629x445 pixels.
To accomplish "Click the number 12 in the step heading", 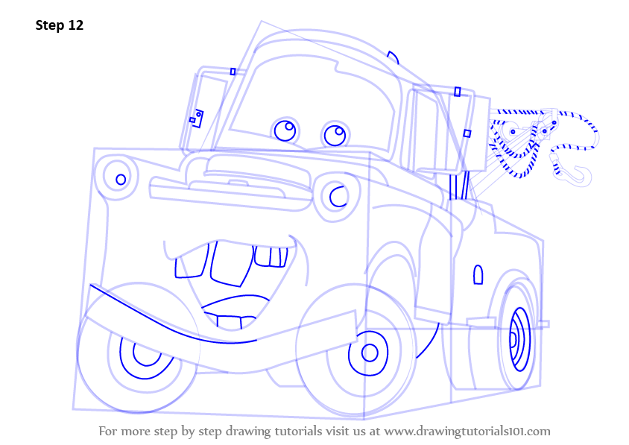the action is [76, 25].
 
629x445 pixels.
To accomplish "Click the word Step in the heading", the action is [50, 25].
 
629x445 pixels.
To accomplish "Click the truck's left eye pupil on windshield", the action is [289, 127].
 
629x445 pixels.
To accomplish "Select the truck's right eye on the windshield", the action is [335, 135].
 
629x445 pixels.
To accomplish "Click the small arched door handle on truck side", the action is [478, 274].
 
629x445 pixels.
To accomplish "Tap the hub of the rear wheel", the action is [513, 339].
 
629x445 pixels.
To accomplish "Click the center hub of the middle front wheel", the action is [370, 353].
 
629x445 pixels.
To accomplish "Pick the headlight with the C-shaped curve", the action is [336, 197].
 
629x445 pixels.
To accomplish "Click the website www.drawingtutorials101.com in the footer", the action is [467, 432].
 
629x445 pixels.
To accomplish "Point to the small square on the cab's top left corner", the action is [233, 72].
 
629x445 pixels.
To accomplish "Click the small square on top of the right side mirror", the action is [458, 92].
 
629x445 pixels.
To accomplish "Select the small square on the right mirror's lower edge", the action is [467, 133].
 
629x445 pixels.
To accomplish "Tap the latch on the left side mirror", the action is [197, 118].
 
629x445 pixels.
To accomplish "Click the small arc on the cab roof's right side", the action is [393, 57].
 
